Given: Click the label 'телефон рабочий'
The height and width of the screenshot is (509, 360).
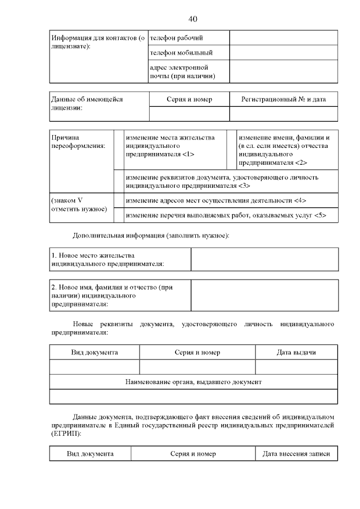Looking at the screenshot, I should pyautogui.click(x=176, y=38).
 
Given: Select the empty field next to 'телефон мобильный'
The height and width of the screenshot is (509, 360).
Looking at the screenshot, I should pyautogui.click(x=283, y=53).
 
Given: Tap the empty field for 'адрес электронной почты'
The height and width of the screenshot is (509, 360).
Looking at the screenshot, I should pyautogui.click(x=283, y=72).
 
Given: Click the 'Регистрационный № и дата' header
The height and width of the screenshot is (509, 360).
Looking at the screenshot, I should pyautogui.click(x=283, y=99).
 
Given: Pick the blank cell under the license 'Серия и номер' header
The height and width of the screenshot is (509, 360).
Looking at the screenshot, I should pyautogui.click(x=189, y=114).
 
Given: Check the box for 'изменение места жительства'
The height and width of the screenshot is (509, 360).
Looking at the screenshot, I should pyautogui.click(x=119, y=150).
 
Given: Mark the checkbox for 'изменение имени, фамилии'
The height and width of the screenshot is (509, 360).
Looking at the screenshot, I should pyautogui.click(x=231, y=150).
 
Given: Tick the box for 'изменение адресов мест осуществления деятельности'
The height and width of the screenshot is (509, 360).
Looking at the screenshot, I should pyautogui.click(x=119, y=200).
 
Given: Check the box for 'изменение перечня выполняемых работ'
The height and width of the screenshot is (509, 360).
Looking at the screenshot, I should pyautogui.click(x=119, y=215).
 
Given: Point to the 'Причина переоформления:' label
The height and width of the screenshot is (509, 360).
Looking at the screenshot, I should pyautogui.click(x=73, y=142).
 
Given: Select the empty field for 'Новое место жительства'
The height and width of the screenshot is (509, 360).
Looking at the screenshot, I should pyautogui.click(x=264, y=259).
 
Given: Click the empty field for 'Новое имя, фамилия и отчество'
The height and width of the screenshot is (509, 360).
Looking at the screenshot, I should pyautogui.click(x=264, y=295).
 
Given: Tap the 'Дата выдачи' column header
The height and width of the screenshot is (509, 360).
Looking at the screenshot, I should pyautogui.click(x=296, y=353).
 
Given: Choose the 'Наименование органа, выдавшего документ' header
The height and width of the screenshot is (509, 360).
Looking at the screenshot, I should pyautogui.click(x=193, y=382).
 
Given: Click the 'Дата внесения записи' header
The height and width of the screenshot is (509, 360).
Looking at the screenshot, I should pyautogui.click(x=296, y=454).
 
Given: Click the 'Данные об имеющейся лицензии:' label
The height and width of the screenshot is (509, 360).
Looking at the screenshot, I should pyautogui.click(x=87, y=103).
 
